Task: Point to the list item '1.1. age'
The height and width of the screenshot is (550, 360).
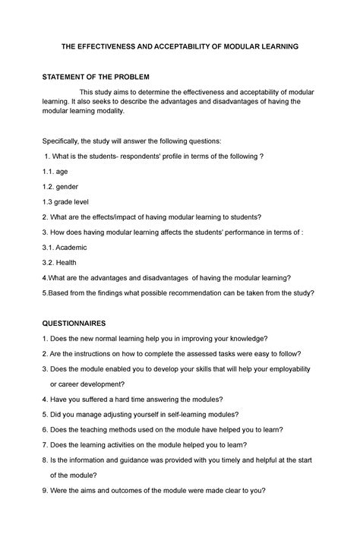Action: (55, 172)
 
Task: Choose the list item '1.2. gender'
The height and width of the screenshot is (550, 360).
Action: (61, 187)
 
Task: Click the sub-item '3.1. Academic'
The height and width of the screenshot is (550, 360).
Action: (65, 248)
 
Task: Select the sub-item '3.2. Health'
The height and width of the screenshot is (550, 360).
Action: (60, 263)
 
